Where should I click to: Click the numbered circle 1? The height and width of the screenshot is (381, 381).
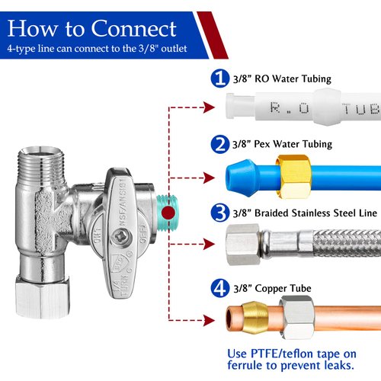click(x=219, y=78)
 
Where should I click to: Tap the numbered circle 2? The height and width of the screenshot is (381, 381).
click(x=219, y=142)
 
